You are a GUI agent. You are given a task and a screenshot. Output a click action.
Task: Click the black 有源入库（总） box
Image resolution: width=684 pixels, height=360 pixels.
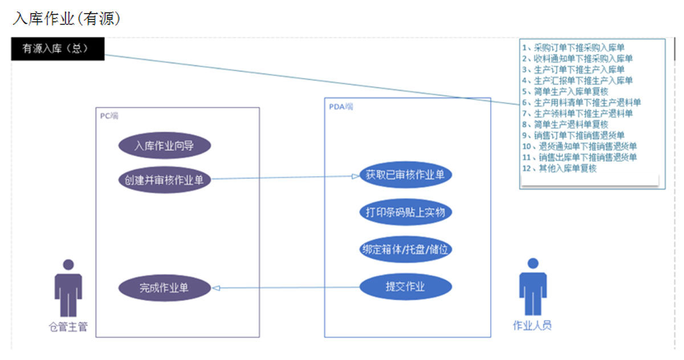point(58,49)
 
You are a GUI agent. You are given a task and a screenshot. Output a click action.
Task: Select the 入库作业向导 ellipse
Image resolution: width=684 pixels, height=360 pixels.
point(164,146)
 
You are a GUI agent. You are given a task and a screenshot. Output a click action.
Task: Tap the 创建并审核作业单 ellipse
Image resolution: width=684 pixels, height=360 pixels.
point(164,180)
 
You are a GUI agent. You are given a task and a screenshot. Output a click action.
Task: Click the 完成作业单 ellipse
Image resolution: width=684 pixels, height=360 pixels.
point(164,288)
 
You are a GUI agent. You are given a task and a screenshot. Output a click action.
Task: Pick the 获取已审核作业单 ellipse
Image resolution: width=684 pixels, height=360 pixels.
point(405,175)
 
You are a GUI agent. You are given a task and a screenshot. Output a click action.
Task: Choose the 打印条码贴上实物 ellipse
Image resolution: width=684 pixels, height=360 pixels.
point(405,212)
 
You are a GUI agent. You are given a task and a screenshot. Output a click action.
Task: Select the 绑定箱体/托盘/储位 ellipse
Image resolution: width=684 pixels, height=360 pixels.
point(405,249)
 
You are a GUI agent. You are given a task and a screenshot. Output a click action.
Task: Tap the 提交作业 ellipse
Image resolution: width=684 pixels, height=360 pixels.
point(405,287)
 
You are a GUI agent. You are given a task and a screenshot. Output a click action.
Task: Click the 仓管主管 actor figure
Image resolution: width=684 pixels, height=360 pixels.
point(68,288)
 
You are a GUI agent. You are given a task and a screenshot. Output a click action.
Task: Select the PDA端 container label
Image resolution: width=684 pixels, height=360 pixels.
point(341,106)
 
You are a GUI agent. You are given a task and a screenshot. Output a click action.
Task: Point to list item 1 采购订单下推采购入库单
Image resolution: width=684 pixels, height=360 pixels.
point(577,47)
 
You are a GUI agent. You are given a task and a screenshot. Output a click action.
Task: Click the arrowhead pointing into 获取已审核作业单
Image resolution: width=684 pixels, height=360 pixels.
point(355,177)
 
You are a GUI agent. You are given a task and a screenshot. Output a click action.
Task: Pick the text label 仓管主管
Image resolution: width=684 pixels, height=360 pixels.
point(68,328)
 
